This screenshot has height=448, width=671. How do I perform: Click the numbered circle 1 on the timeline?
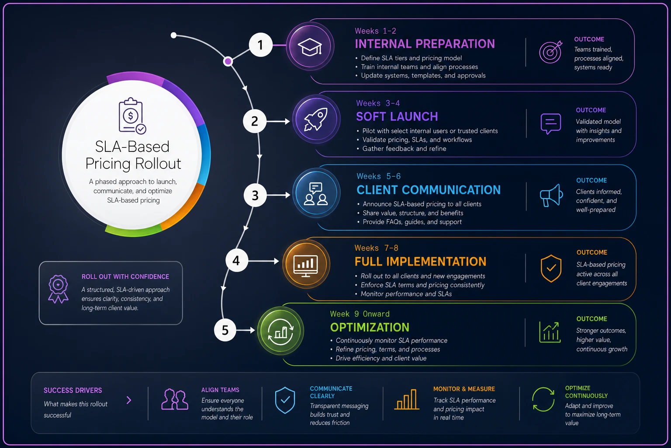click(261, 45)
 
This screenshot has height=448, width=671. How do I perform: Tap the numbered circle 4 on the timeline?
click(237, 260)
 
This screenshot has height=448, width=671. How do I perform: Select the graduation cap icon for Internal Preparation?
click(310, 47)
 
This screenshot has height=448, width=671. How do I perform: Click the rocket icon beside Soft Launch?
click(316, 119)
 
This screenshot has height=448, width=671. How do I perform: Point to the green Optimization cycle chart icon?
click(281, 331)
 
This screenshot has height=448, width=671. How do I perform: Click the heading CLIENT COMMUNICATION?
click(429, 190)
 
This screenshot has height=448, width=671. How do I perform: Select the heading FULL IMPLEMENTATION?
click(420, 262)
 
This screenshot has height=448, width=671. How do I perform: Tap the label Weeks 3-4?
click(378, 103)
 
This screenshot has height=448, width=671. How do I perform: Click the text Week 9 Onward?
click(360, 314)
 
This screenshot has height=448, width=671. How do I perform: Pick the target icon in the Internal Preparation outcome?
click(550, 52)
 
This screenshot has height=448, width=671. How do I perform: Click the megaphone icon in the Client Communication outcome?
click(551, 195)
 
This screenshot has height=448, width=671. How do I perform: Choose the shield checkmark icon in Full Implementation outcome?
click(551, 269)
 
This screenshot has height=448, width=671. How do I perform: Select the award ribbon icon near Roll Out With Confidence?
click(58, 289)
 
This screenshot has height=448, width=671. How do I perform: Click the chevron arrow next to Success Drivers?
click(129, 400)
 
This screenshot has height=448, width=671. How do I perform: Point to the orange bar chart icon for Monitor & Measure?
click(407, 399)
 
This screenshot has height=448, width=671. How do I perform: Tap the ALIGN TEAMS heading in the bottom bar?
click(220, 390)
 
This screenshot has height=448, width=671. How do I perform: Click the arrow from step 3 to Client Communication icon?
click(279, 195)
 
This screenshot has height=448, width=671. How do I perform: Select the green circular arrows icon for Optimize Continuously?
click(543, 399)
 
